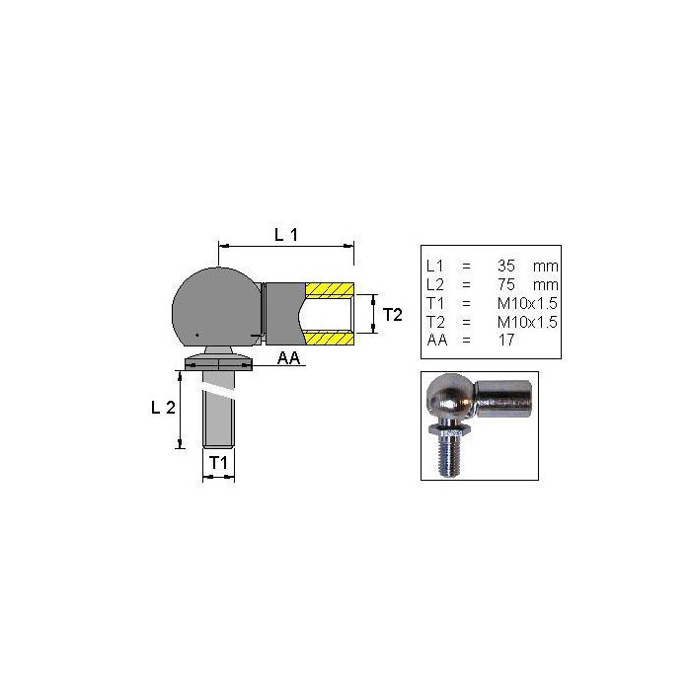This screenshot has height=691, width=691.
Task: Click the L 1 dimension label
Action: coord(286,235)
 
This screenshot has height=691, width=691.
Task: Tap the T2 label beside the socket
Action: coord(392,315)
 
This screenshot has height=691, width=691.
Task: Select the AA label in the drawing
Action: coord(288,357)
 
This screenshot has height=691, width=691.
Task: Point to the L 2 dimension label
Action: coord(163,408)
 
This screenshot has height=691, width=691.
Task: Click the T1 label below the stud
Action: coord(218,463)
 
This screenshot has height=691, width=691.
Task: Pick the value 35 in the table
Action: coord(505,266)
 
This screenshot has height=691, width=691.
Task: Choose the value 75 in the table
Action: coord(505,284)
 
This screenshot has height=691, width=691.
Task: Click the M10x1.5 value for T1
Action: coord(527,303)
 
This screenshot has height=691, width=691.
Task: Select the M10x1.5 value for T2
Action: coord(527,322)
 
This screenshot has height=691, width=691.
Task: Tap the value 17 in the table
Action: coord(506,340)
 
